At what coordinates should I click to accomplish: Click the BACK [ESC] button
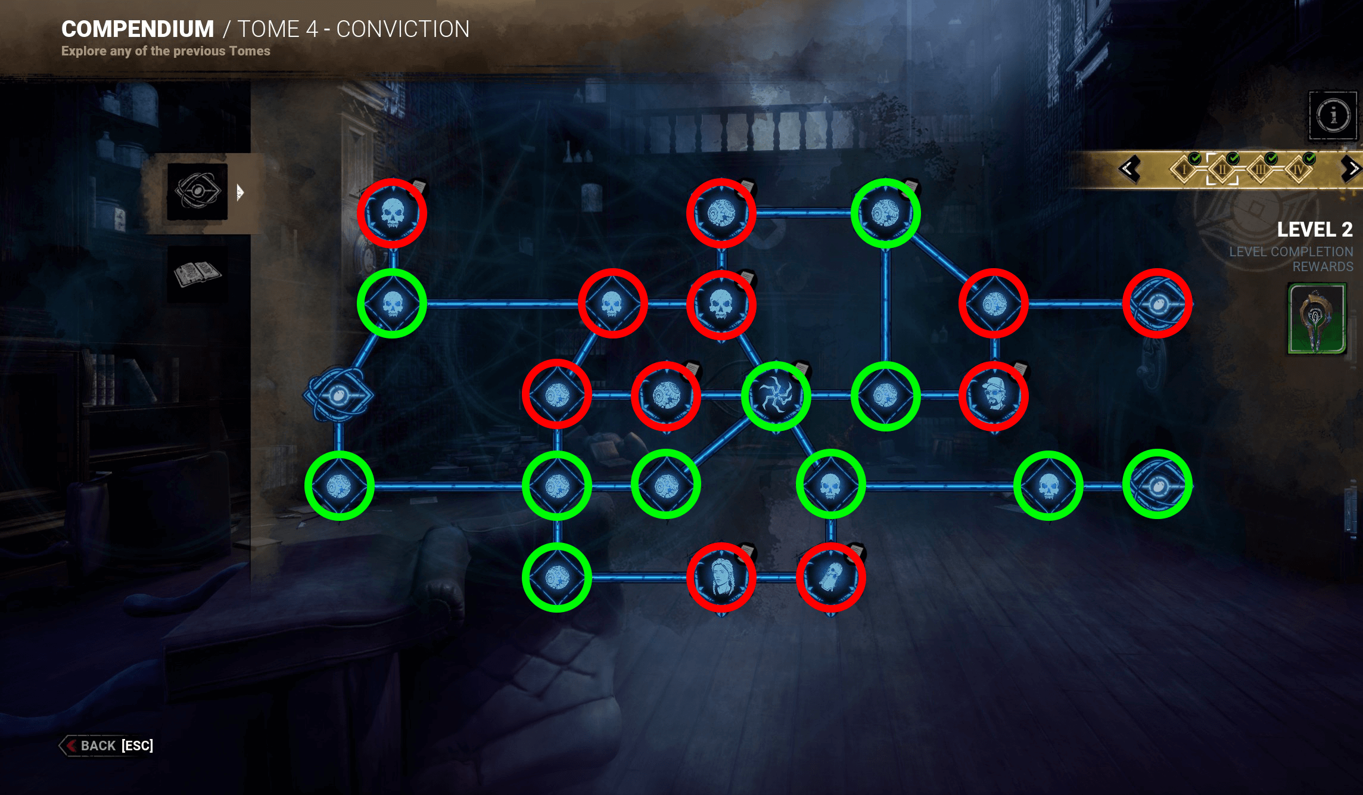108,746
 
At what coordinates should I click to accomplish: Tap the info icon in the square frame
1333,115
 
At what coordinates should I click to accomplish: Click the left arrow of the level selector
1128,169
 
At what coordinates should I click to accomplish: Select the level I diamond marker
1184,170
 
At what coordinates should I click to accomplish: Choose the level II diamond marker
1222,170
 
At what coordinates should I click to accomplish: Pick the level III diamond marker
1261,170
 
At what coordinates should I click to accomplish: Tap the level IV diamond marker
1298,170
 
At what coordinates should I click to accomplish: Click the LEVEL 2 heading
1314,229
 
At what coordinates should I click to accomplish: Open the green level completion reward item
1317,319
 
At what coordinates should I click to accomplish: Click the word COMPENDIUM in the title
138,29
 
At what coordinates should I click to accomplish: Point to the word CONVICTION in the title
403,29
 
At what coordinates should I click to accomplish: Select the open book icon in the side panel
197,274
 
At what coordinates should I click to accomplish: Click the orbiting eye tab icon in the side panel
197,192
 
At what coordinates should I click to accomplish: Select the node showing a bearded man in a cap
994,396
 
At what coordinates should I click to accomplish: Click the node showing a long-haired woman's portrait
721,577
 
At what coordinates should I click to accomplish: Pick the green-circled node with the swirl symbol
776,396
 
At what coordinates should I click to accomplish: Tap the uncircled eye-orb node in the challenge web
338,395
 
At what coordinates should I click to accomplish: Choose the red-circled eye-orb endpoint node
1157,304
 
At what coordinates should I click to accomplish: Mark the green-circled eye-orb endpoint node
1157,485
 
